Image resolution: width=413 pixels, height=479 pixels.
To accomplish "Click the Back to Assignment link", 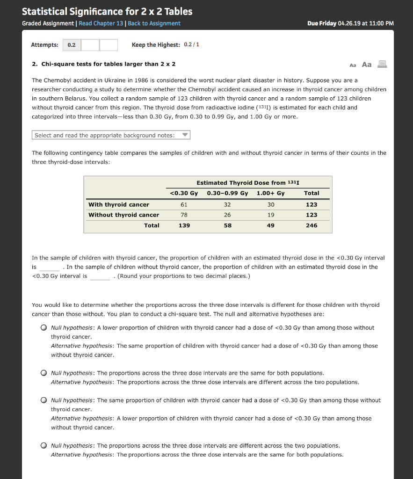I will pos(154,23).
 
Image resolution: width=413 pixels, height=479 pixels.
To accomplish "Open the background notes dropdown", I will pos(111,135).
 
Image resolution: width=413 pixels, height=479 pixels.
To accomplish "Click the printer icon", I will pos(382,65).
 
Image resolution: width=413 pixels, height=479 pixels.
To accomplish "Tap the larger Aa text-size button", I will pos(367,65).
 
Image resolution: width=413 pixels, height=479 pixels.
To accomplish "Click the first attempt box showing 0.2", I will pos(72,45).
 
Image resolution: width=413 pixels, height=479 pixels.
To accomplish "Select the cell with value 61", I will pos(184,204).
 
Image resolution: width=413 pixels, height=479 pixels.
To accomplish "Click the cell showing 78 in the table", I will pos(184,215).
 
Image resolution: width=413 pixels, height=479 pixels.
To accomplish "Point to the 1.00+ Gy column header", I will pos(270,193).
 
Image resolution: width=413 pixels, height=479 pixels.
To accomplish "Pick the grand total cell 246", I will pos(311,225).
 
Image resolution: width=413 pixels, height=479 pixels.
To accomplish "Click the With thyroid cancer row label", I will pos(119,204).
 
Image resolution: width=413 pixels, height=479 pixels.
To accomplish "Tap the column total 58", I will pos(227,225).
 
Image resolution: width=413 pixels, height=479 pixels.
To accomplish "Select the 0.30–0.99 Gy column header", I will pos(227,193).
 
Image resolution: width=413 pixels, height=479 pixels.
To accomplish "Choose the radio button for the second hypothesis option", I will pos(43,373).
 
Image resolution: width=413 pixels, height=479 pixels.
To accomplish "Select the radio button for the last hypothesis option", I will pos(43,446).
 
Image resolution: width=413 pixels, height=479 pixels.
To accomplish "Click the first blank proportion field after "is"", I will pos(49,267).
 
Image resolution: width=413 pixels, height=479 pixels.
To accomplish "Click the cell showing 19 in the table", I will pos(270,215).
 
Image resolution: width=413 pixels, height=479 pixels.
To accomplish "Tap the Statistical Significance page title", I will pos(107,11).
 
